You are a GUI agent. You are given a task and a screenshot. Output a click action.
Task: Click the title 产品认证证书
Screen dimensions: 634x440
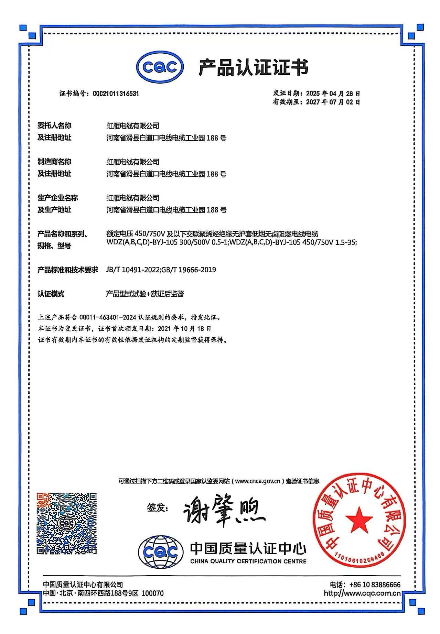(254, 67)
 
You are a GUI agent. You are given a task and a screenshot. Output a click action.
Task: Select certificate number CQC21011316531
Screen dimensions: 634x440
(116, 94)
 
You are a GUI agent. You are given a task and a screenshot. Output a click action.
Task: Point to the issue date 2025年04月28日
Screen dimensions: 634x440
(333, 94)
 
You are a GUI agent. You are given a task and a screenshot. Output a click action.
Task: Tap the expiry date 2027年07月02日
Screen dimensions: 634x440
(333, 102)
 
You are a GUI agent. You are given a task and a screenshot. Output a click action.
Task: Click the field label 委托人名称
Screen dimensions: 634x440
(54, 125)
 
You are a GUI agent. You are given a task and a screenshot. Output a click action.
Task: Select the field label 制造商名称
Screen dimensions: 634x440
(54, 162)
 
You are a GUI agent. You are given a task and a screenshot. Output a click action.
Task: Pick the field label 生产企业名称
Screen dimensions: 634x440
(57, 198)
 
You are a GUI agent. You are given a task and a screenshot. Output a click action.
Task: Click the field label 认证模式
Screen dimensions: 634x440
(51, 294)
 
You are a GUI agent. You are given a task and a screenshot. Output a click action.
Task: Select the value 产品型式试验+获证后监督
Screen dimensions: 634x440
(145, 294)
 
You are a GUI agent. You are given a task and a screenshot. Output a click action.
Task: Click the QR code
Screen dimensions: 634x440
(67, 523)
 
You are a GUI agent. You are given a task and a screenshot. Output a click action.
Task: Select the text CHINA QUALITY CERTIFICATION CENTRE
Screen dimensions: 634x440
(248, 561)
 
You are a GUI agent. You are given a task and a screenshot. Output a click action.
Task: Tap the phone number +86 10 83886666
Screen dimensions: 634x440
(375, 585)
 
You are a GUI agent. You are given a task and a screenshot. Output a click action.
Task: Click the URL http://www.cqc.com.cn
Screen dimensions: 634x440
(362, 593)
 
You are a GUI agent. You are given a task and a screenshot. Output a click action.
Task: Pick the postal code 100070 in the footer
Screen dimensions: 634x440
(153, 593)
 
